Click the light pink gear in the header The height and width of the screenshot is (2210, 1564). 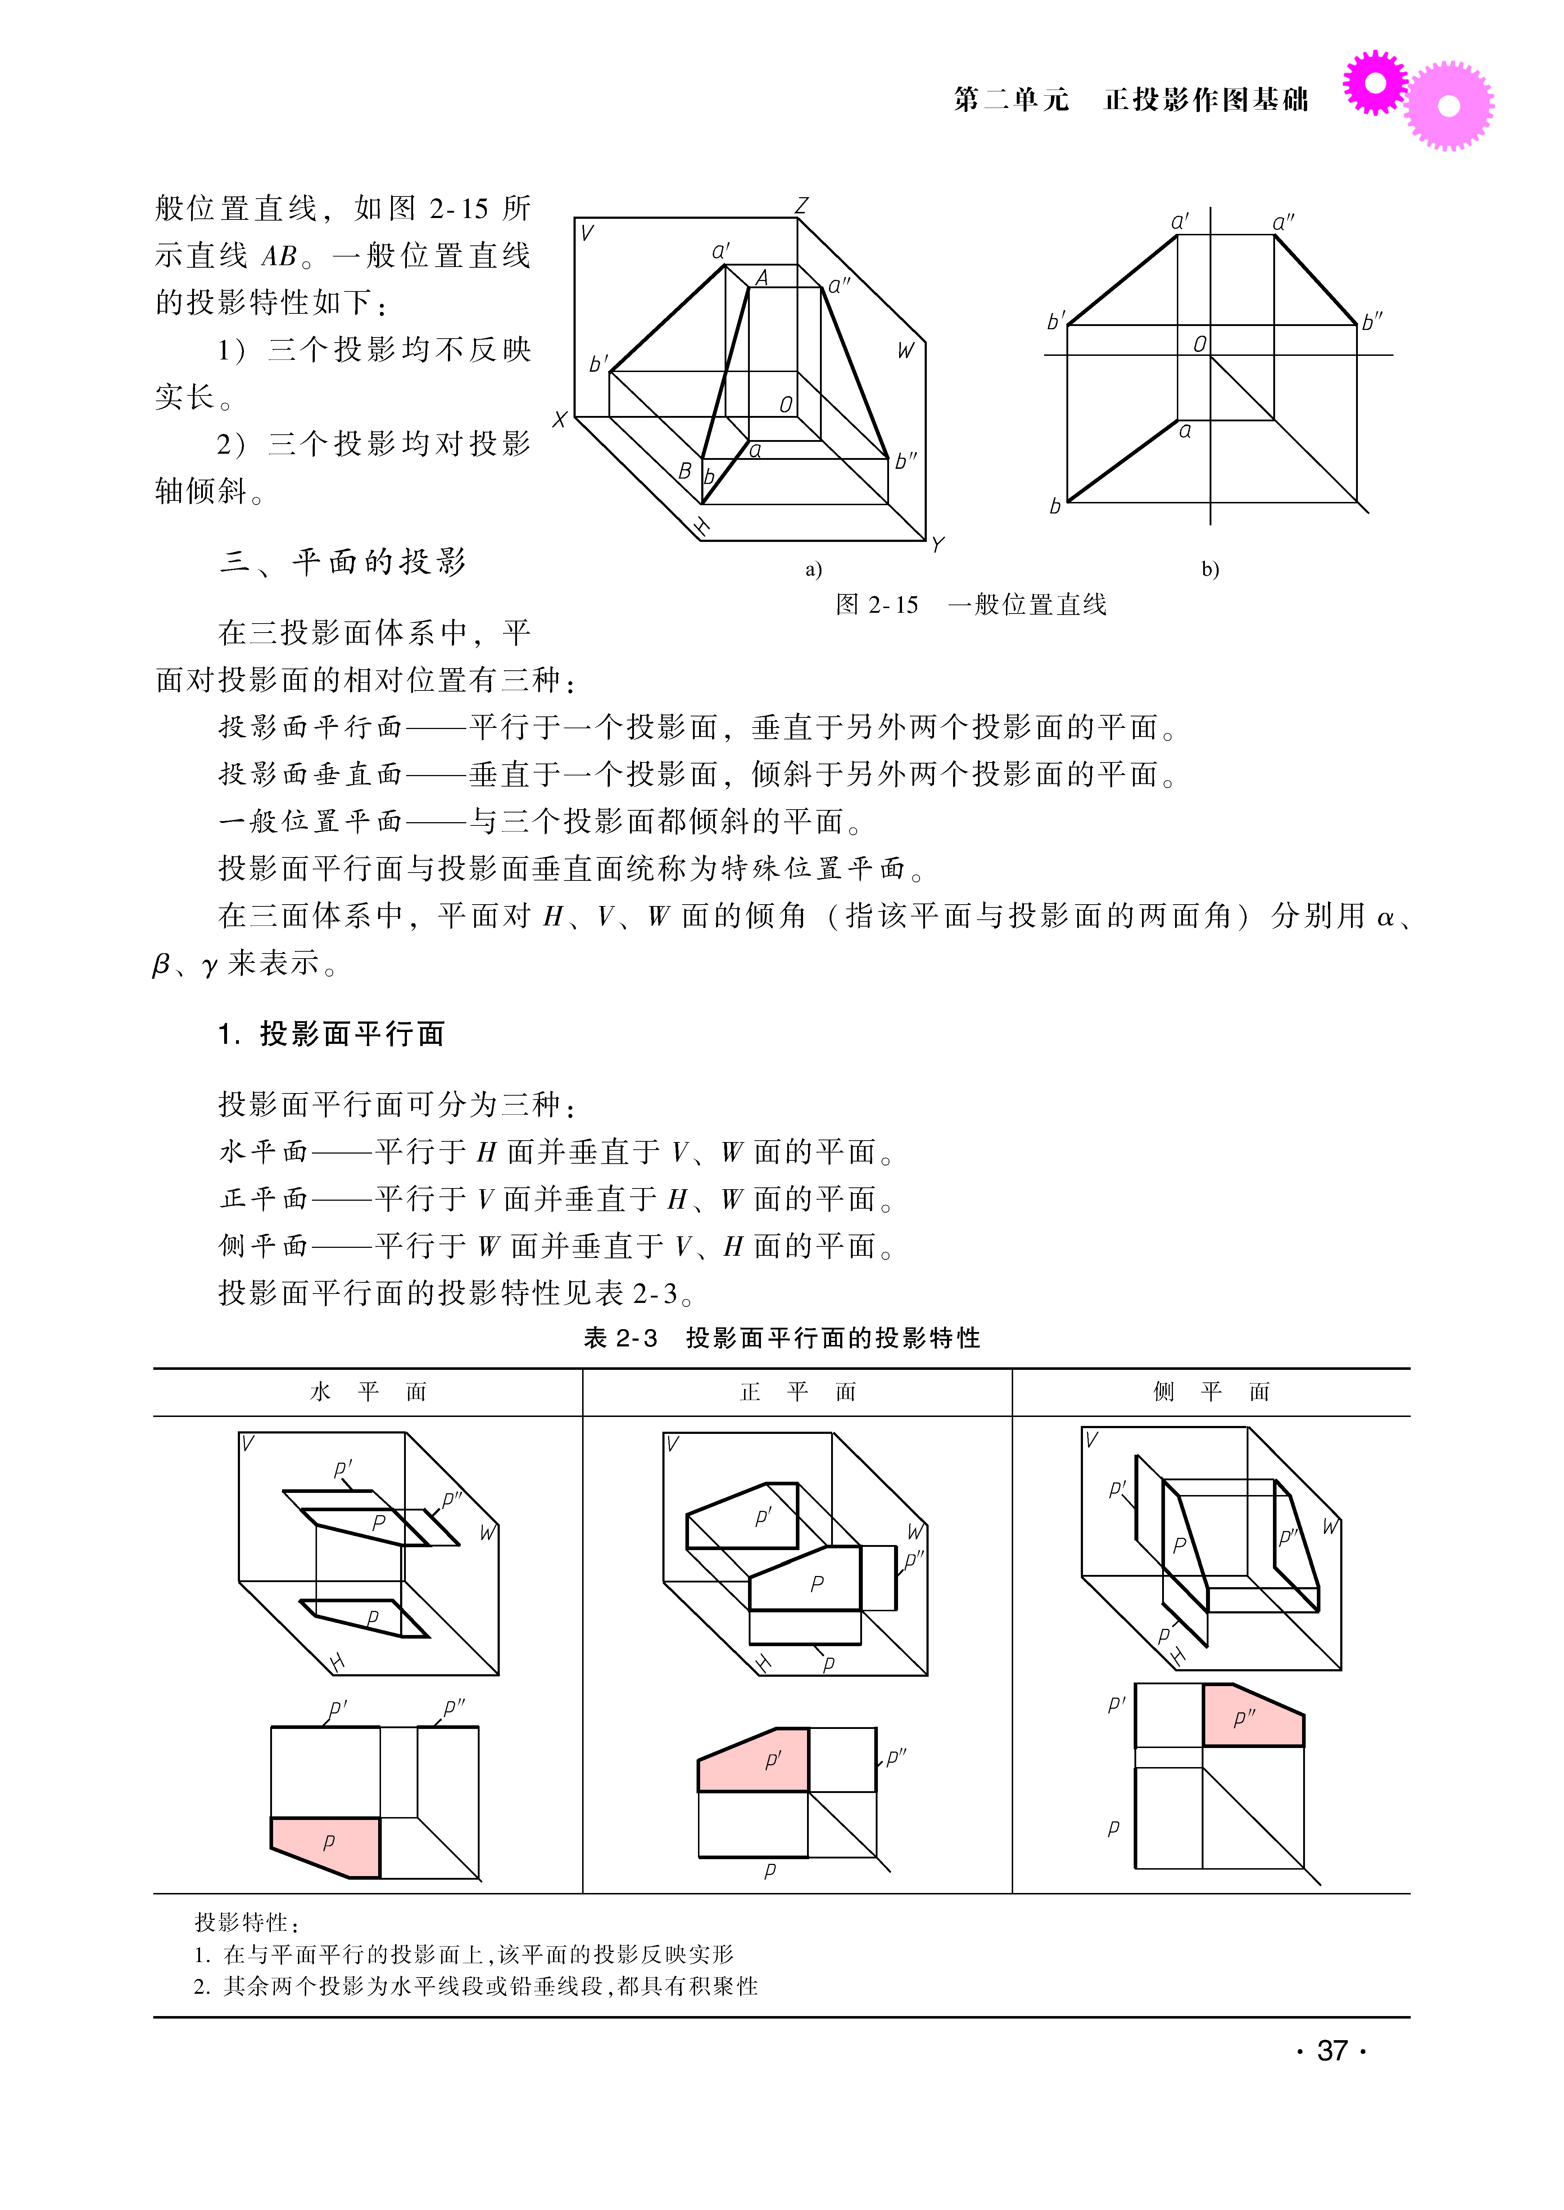pyautogui.click(x=1449, y=106)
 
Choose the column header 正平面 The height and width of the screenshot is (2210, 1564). pyautogui.click(x=797, y=1391)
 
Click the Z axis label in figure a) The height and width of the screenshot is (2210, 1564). pyautogui.click(x=801, y=205)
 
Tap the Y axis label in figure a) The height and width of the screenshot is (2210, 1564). pyautogui.click(x=937, y=545)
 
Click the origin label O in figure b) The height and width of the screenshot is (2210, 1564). pyautogui.click(x=1199, y=344)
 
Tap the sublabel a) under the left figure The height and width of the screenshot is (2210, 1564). pyautogui.click(x=814, y=570)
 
